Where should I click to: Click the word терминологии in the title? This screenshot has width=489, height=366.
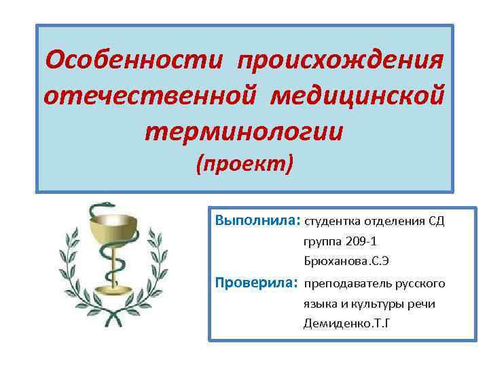(x=244, y=129)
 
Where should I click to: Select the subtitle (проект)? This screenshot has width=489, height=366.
(x=244, y=163)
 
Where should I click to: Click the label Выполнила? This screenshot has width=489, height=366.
(x=257, y=221)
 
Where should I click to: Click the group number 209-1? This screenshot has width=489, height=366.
(x=363, y=241)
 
